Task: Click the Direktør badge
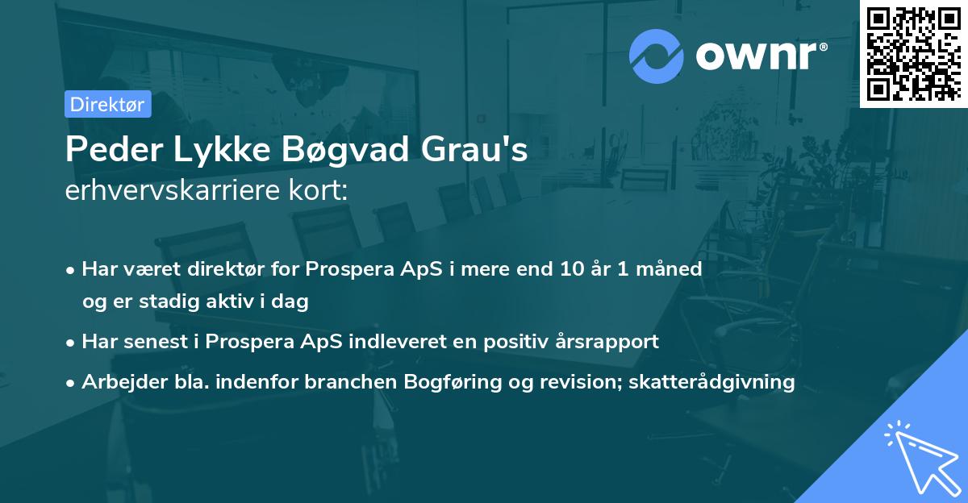pos(107,104)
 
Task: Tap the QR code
pos(913,53)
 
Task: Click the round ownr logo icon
pos(657,56)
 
